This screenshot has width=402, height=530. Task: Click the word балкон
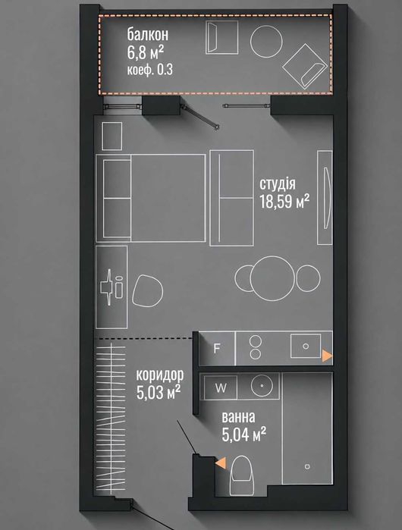(148, 35)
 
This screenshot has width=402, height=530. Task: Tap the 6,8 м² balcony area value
(146, 52)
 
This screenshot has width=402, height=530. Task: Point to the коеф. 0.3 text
(149, 70)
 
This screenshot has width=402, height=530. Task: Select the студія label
(278, 184)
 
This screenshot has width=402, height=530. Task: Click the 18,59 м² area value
(284, 202)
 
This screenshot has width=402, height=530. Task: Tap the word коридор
(160, 375)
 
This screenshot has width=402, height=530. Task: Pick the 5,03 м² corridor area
(159, 393)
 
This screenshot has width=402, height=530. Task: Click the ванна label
(238, 418)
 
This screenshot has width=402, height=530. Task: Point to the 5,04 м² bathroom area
(243, 434)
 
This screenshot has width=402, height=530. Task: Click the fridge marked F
(217, 349)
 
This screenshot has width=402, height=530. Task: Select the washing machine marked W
(221, 388)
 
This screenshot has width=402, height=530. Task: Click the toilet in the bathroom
(242, 475)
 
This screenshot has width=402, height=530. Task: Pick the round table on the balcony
(266, 41)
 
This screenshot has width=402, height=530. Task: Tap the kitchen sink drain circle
(306, 347)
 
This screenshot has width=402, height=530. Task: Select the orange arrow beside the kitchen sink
(327, 356)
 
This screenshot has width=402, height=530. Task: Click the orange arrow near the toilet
(221, 463)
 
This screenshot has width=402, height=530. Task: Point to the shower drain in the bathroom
(307, 466)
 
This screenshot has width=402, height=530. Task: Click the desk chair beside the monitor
(147, 290)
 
